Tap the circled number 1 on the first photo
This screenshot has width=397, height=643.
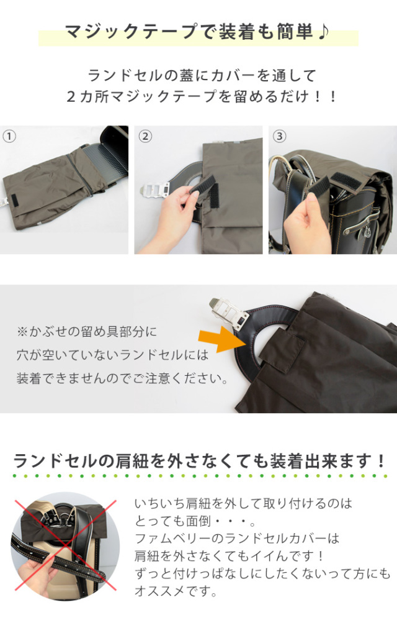pos(9,135)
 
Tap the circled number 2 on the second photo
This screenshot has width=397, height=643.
pos(144,135)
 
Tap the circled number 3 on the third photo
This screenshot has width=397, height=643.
pos(279,135)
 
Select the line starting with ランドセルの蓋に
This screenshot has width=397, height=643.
pos(202,76)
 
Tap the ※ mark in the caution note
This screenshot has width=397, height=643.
pos(22,331)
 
